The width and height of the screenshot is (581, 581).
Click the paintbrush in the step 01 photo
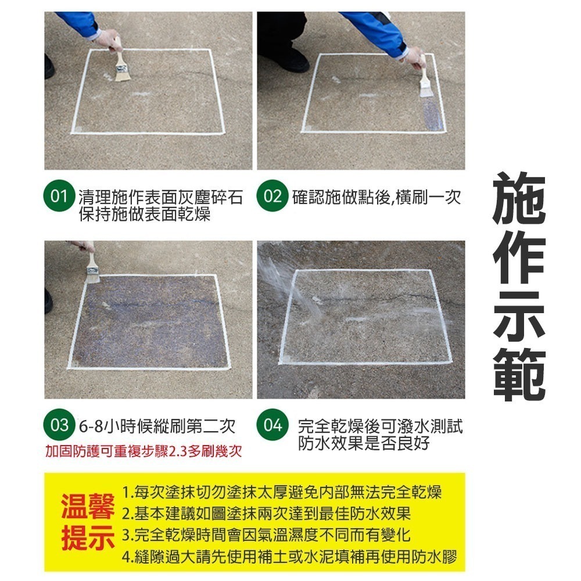point(121,63)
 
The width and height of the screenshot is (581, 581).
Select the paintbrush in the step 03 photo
point(92,267)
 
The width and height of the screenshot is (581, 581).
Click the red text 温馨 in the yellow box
point(88,509)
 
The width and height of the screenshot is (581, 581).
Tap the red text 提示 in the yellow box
point(88,538)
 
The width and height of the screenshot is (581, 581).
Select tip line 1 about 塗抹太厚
point(282,493)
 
